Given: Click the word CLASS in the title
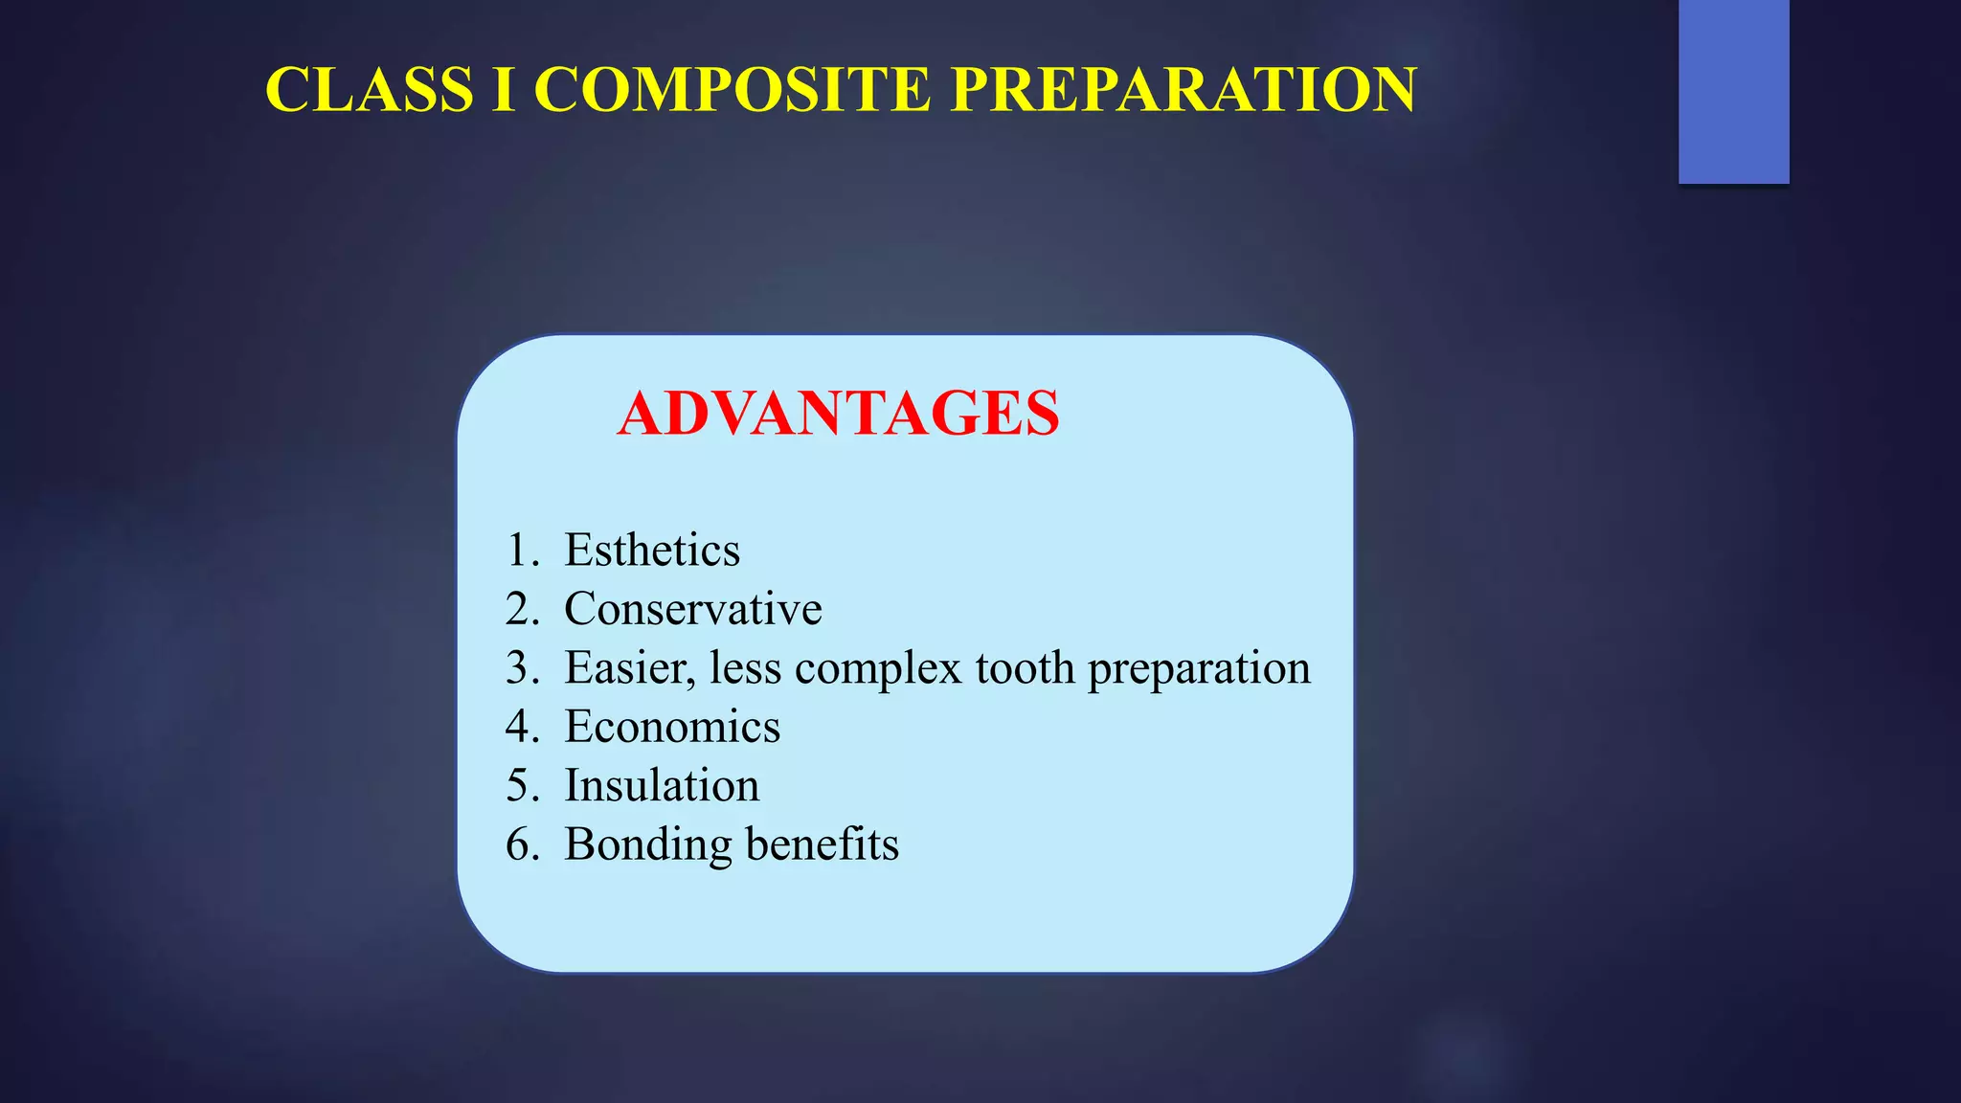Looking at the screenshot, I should [x=369, y=90].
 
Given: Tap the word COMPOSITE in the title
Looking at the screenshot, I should [x=732, y=90].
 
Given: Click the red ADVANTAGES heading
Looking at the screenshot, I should [x=838, y=414].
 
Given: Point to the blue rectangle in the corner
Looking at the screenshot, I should [x=1733, y=91].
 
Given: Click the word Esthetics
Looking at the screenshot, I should [x=651, y=551].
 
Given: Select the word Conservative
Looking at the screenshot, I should [x=692, y=609].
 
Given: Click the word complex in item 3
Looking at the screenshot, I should [x=877, y=668].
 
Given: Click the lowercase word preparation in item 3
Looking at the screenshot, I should [x=1199, y=668].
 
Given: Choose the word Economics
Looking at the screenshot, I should [x=671, y=727].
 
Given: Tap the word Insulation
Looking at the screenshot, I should [x=661, y=786].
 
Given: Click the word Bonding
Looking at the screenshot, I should [x=647, y=845].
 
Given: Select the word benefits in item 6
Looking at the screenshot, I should [x=822, y=844].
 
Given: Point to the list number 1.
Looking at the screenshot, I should [x=518, y=551].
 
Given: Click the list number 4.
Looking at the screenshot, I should [x=518, y=727].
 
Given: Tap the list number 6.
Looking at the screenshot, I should [x=518, y=845].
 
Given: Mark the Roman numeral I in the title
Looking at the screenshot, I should [x=504, y=90].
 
